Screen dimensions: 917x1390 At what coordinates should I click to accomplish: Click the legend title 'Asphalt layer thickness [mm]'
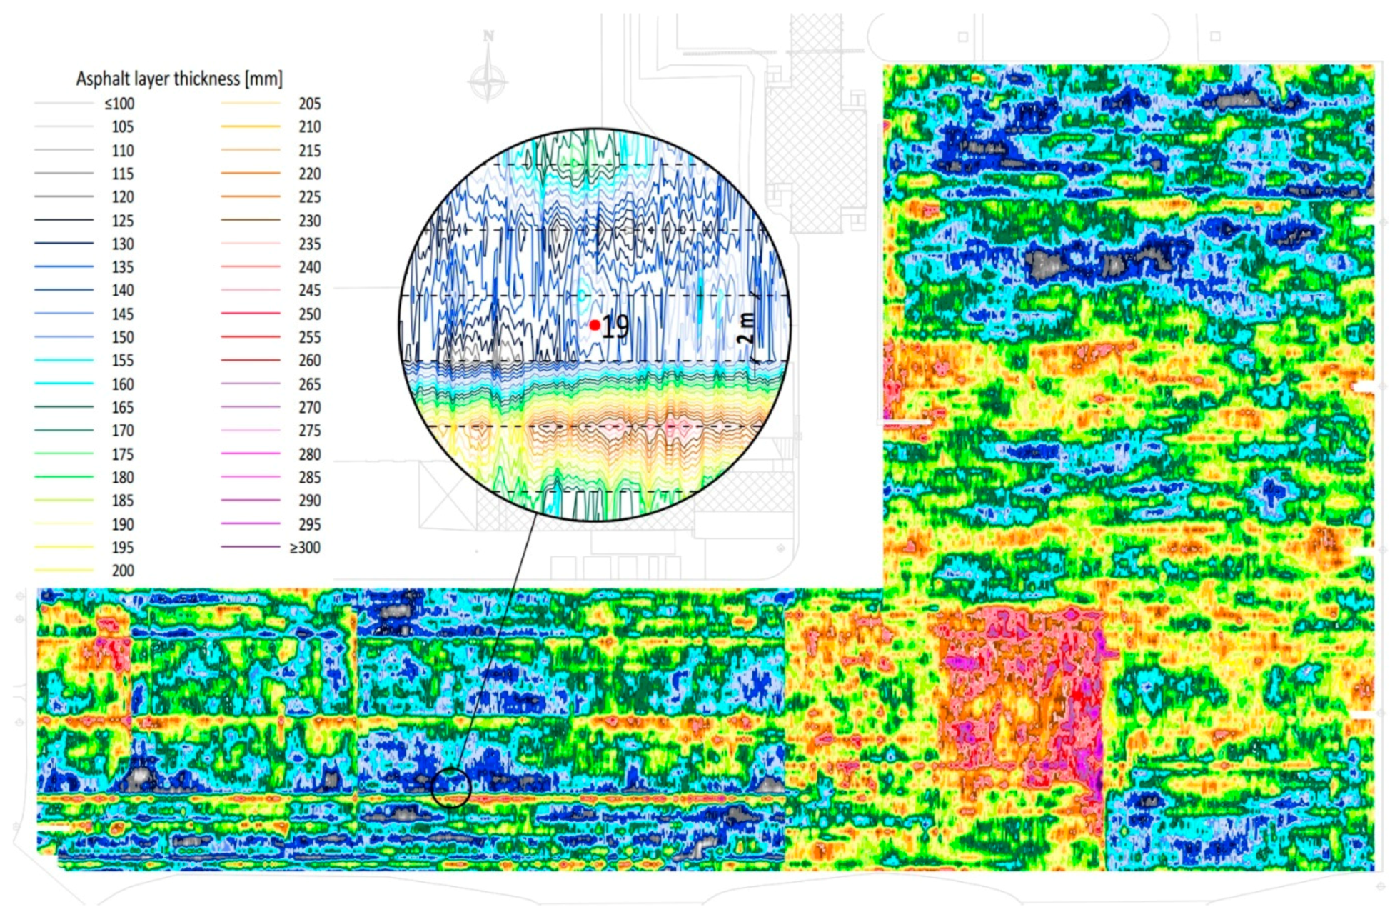click(179, 79)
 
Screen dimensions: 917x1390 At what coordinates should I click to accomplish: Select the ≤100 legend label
click(119, 104)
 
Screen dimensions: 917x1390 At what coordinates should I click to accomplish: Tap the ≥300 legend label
click(305, 548)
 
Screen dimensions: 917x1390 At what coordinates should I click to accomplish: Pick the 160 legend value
click(122, 384)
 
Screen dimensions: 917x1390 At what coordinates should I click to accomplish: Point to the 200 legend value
click(122, 571)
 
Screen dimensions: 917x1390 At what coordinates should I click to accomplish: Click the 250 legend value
click(309, 314)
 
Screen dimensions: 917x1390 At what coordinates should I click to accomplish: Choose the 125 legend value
click(122, 221)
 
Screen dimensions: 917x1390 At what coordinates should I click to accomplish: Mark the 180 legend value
click(122, 477)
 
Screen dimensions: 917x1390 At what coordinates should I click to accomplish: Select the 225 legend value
click(309, 196)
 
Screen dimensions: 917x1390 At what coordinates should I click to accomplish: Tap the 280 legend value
click(309, 454)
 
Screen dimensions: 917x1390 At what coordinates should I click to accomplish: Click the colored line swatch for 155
click(64, 360)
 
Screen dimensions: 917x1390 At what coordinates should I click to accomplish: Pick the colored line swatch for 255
click(251, 336)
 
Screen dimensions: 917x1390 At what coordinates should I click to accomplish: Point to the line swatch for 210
click(251, 126)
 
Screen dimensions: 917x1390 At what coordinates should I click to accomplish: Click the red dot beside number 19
click(595, 325)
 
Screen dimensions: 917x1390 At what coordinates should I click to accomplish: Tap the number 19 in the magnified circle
click(615, 326)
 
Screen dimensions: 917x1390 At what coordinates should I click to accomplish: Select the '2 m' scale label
click(745, 328)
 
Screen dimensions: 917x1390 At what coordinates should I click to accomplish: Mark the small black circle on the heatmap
click(451, 788)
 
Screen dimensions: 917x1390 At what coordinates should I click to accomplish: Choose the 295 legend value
click(309, 524)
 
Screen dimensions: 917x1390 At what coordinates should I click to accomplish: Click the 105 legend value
click(122, 126)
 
